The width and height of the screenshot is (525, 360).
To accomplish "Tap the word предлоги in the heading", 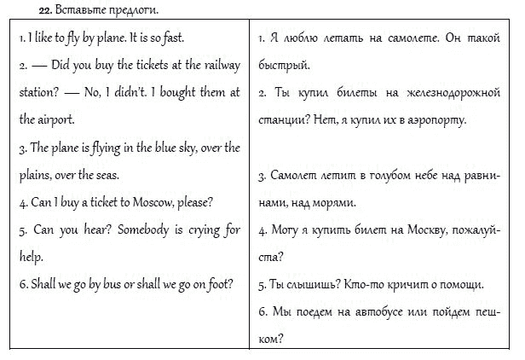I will [136, 10].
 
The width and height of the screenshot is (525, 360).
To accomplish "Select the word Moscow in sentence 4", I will [154, 203].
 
